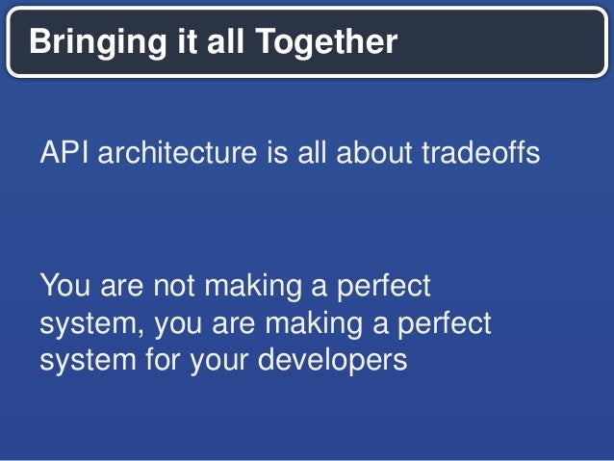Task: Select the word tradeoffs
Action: [x=481, y=153]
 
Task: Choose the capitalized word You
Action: [x=65, y=287]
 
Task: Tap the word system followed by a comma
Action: [x=92, y=323]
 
